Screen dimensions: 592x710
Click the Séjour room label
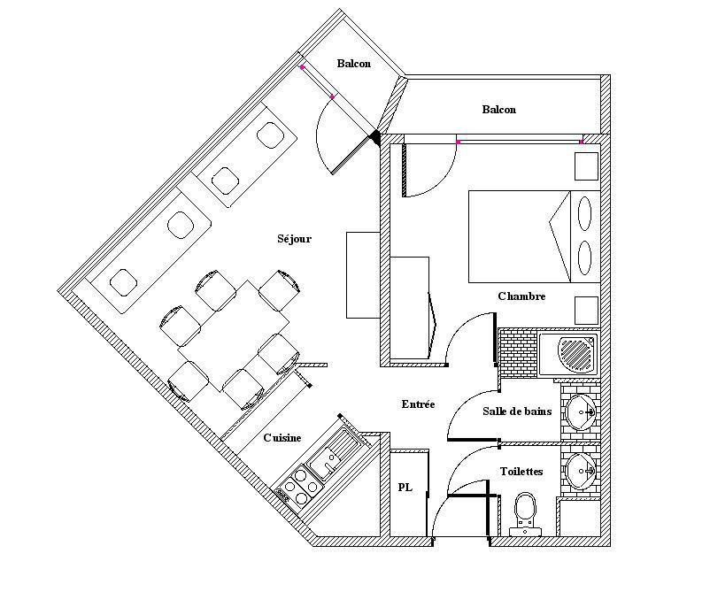coord(294,239)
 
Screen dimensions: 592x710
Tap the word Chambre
coord(521,296)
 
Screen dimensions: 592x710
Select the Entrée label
coord(418,404)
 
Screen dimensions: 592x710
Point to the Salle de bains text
coord(517,411)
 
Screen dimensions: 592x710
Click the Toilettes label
coord(521,472)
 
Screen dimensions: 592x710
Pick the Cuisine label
coord(282,438)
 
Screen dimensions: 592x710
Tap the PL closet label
coord(405,488)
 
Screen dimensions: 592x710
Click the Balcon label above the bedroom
coord(498,110)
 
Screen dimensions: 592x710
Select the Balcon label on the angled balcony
coord(353,64)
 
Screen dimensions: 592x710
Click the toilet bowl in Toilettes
coord(525,510)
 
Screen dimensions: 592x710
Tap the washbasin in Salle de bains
coord(582,411)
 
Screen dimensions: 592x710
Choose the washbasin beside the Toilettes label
coord(582,470)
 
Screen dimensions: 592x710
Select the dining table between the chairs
coord(232,334)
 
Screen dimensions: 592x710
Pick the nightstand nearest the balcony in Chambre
coord(586,165)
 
